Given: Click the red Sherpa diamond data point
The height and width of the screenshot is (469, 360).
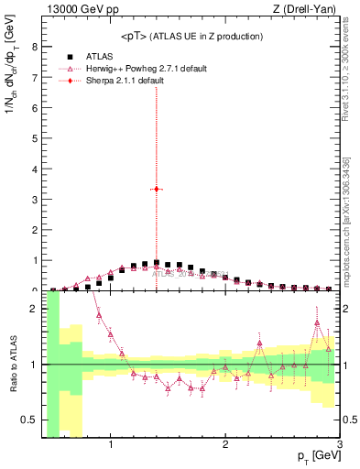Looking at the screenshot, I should tap(157, 189).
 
